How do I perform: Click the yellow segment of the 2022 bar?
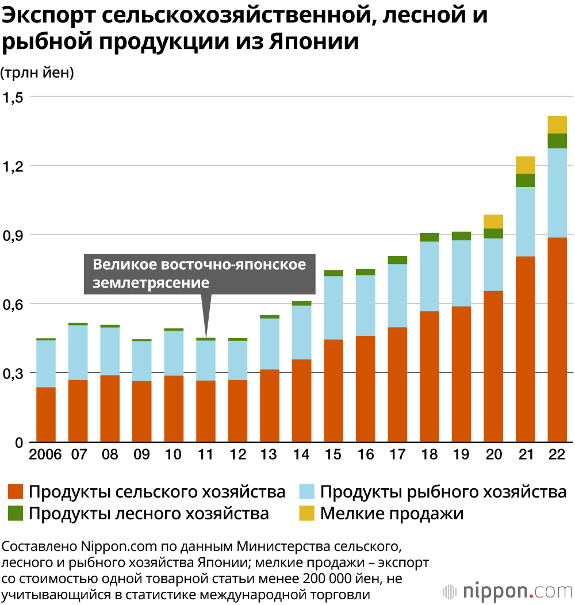coord(557,125)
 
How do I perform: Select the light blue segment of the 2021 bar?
coord(525,221)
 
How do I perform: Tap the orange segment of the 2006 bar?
coord(46,414)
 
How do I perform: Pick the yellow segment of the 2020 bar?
coord(493,221)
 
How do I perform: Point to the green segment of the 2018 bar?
coord(430,237)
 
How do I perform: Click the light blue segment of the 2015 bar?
coord(333,308)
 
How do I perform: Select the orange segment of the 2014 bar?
coord(301,400)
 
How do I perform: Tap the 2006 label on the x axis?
coord(45,454)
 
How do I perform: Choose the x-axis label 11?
coord(205,454)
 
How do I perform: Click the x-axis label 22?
coord(557,454)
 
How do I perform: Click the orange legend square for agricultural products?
coord(16,492)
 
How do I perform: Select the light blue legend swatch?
coord(308,492)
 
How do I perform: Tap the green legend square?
coord(16,513)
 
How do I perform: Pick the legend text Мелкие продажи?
coord(392,513)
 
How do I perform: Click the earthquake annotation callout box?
coord(200,273)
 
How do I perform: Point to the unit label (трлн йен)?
coord(37,72)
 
